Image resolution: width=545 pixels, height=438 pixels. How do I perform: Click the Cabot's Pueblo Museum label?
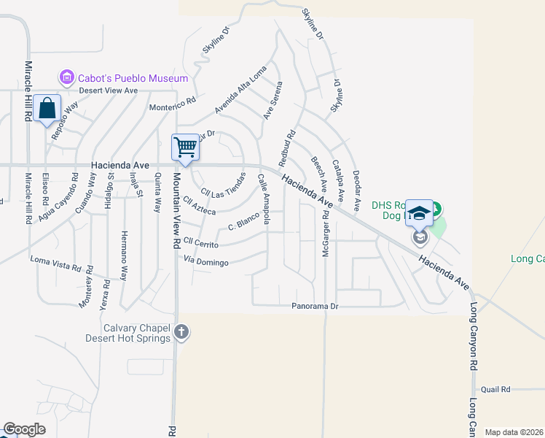[x=134, y=78]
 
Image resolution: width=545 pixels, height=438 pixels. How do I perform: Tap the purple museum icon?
[x=67, y=77]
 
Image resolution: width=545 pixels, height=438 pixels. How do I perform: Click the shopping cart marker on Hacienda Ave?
[x=185, y=147]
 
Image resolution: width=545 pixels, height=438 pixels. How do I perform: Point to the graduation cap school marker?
[x=419, y=212]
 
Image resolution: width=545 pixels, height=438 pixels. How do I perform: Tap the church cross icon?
[x=181, y=333]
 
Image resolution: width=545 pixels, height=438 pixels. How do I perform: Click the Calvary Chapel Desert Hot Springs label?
[x=137, y=333]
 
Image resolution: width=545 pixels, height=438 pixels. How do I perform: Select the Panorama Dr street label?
[x=315, y=307]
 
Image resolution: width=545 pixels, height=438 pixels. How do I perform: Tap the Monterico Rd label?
[x=173, y=105]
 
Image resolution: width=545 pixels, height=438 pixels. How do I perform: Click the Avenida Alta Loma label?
[x=240, y=94]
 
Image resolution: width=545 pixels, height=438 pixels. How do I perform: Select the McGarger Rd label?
[x=325, y=238]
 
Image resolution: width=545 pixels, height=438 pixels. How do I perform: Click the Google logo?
[x=24, y=429]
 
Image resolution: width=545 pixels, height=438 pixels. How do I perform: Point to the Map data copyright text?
[x=514, y=432]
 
